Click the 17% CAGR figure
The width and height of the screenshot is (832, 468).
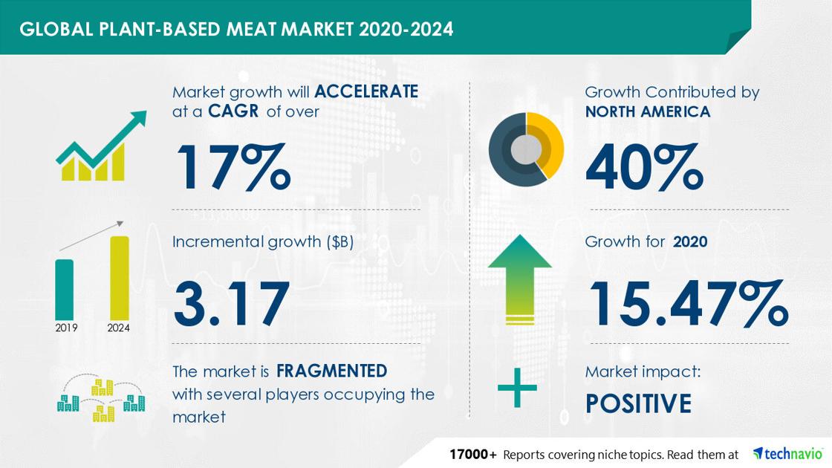click(234, 166)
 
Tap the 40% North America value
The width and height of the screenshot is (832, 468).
click(645, 166)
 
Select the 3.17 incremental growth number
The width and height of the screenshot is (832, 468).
click(231, 304)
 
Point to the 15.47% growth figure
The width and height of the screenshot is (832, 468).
click(689, 304)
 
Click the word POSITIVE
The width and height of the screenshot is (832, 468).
click(638, 403)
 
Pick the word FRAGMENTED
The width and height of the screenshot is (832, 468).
click(331, 371)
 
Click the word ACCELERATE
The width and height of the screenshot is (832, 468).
click(366, 91)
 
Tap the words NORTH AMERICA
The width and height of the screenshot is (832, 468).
click(647, 111)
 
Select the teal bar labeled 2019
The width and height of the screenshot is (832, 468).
click(64, 290)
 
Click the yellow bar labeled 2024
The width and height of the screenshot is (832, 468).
click(120, 278)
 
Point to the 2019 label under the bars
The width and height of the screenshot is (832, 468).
click(66, 328)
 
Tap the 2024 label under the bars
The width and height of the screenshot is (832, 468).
click(118, 328)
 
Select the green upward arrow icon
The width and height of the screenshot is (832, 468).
click(519, 279)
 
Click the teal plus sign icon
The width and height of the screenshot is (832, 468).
click(517, 388)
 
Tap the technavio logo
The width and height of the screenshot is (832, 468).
click(787, 454)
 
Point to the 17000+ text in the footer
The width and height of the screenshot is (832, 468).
click(473, 454)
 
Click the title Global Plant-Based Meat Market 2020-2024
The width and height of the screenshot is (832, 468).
click(236, 29)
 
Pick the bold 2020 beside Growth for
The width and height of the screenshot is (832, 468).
click(690, 242)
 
